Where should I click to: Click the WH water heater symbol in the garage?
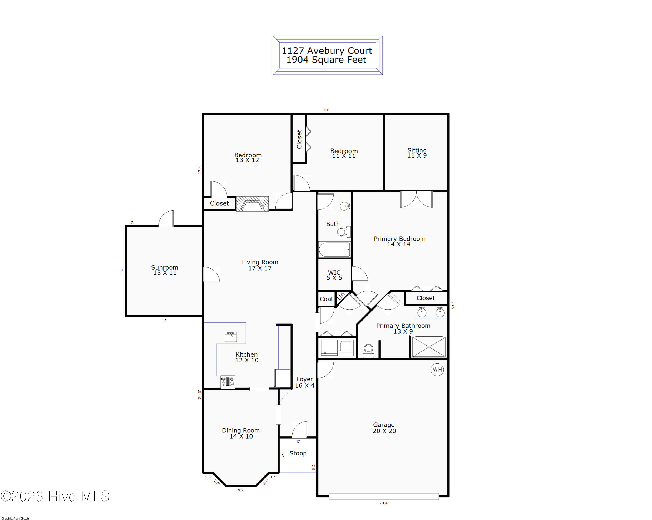click(x=437, y=369)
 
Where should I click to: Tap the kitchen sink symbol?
click(x=230, y=336)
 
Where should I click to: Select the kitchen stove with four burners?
click(x=227, y=382)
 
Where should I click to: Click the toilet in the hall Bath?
click(x=344, y=232)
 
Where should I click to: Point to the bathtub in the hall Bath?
click(x=334, y=249)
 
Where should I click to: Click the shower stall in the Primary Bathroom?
click(x=429, y=347)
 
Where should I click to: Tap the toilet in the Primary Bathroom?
click(x=368, y=351)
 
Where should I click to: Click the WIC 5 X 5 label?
click(x=334, y=275)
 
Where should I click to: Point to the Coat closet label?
click(x=326, y=299)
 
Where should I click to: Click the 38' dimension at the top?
click(x=325, y=110)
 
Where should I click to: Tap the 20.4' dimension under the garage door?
click(x=383, y=503)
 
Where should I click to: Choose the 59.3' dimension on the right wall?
click(x=453, y=305)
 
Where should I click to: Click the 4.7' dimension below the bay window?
click(x=241, y=490)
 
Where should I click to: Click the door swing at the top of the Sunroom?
click(x=166, y=218)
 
